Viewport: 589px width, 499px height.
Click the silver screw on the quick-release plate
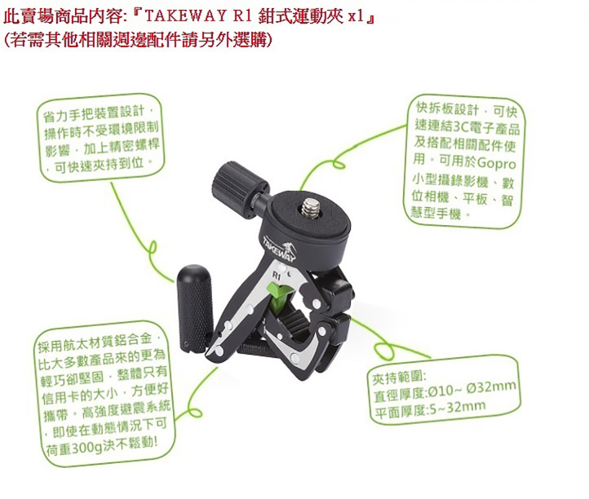pos(311,208)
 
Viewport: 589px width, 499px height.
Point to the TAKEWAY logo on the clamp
pos(280,249)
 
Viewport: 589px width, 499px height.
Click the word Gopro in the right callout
pos(496,163)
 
